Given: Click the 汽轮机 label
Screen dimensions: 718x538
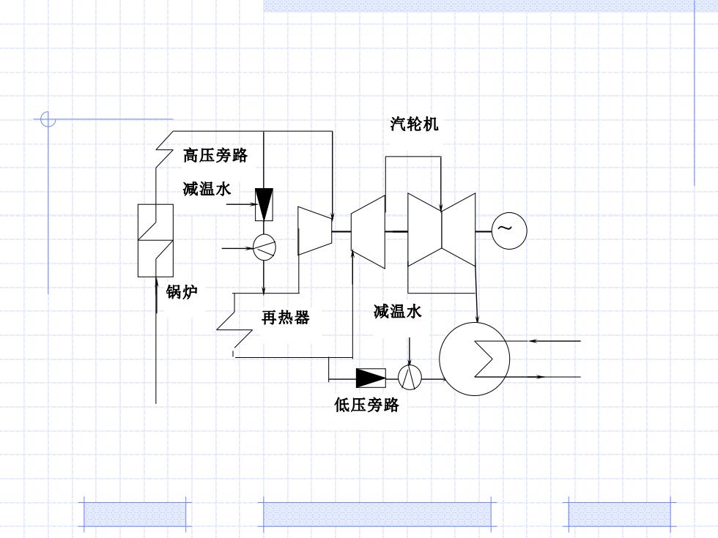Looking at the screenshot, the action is [414, 124].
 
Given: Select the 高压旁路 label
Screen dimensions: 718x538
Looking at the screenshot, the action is [215, 155].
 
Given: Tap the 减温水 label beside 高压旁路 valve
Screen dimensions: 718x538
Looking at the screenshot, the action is [207, 189].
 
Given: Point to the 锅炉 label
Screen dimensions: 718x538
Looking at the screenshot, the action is [182, 291].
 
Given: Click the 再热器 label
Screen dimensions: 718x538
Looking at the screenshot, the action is [285, 317].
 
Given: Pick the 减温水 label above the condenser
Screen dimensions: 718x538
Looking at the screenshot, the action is [397, 312].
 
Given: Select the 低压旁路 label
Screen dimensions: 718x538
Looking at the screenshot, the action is [366, 405].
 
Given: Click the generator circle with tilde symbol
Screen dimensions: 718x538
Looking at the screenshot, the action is [509, 231].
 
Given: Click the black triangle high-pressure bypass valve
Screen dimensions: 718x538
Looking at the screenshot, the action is [264, 204].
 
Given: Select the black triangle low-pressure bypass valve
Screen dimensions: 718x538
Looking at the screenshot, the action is [371, 378].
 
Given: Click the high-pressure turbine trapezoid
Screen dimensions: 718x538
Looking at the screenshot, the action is [314, 231].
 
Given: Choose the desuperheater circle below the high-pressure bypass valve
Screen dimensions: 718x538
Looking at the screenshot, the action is [264, 247].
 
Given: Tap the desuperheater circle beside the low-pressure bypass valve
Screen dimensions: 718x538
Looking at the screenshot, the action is [410, 378].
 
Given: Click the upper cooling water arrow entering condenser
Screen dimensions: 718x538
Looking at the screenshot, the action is [555, 341].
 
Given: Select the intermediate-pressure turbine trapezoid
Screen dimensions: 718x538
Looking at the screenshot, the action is [368, 231].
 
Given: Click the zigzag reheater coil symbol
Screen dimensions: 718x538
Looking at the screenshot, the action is [234, 325].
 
